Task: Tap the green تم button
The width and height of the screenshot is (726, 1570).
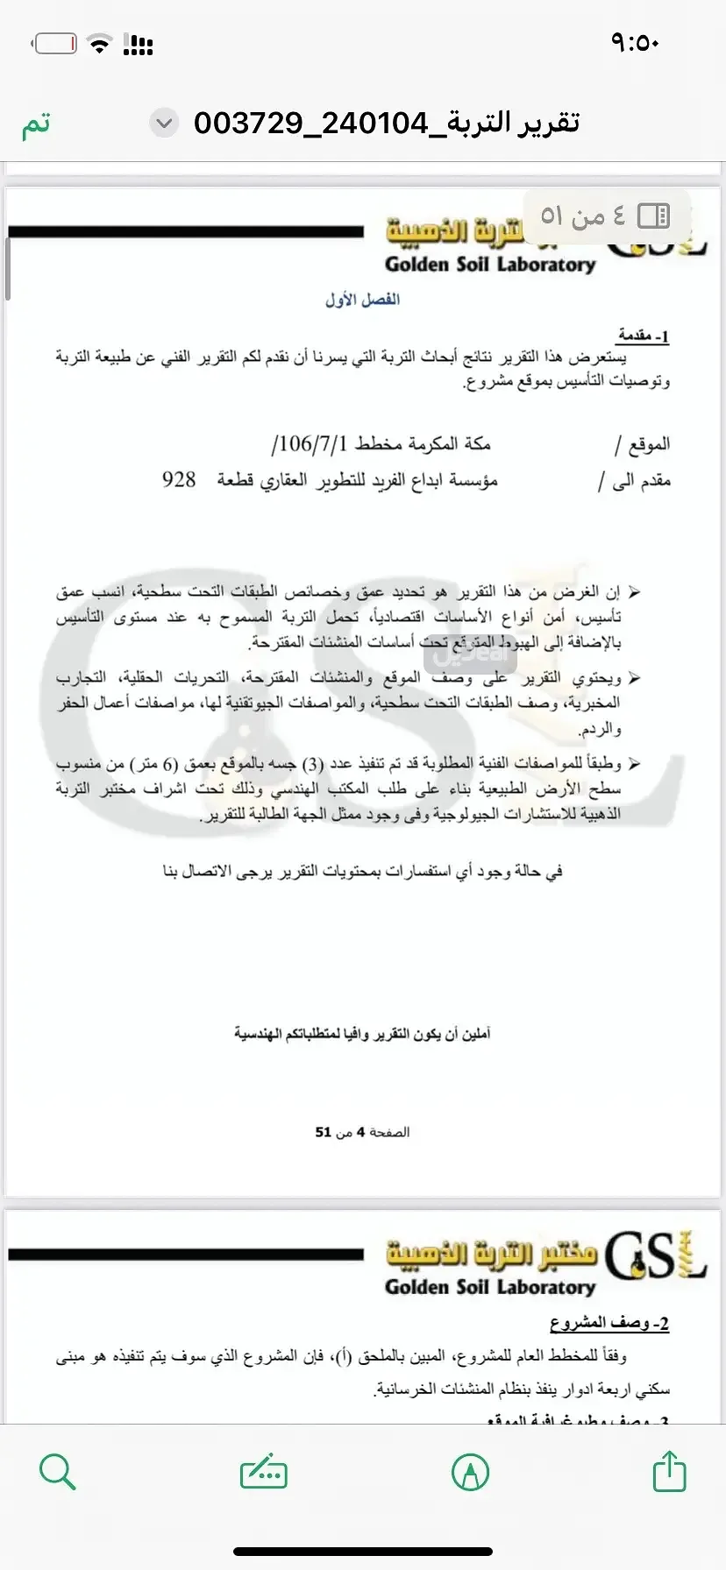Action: [x=36, y=124]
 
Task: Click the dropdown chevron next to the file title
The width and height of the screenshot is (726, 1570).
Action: [x=164, y=124]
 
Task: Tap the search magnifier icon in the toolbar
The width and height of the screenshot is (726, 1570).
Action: [x=58, y=1471]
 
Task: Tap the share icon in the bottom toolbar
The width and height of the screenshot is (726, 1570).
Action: [x=669, y=1471]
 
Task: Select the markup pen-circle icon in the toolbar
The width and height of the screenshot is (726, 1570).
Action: [x=470, y=1472]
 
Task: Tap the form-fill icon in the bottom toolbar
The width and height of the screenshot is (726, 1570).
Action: [x=263, y=1472]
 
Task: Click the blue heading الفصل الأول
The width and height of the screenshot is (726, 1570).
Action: [x=362, y=300]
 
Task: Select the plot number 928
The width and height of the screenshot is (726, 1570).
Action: [x=179, y=480]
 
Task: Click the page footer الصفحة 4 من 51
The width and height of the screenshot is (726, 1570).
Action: [x=362, y=1132]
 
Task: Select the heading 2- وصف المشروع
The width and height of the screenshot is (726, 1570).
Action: [x=609, y=1323]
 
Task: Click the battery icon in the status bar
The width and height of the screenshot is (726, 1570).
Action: [x=55, y=43]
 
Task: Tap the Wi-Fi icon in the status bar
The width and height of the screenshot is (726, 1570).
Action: [x=102, y=44]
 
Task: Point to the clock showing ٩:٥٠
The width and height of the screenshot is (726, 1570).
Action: [x=634, y=42]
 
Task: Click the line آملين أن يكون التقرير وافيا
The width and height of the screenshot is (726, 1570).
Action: [x=362, y=1034]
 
